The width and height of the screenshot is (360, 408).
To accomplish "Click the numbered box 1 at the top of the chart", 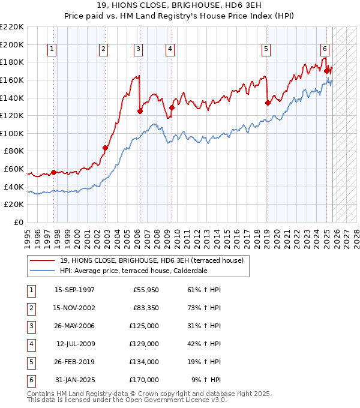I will tap(52, 49).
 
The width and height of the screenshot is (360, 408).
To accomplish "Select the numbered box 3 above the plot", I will tap(138, 49).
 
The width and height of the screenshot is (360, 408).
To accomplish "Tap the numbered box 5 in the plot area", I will tap(266, 49).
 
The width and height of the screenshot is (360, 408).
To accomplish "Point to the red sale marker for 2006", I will tap(140, 111).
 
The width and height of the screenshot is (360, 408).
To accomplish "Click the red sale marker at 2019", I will tap(268, 103).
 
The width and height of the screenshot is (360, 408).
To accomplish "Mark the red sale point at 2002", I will tap(105, 148).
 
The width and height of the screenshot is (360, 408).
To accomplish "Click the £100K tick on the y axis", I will tap(12, 133).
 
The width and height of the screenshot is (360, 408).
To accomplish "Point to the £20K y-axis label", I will tap(14, 205).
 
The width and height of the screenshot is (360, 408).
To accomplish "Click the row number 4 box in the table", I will tap(29, 344).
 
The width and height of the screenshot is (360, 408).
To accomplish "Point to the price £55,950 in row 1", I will tap(146, 290).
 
